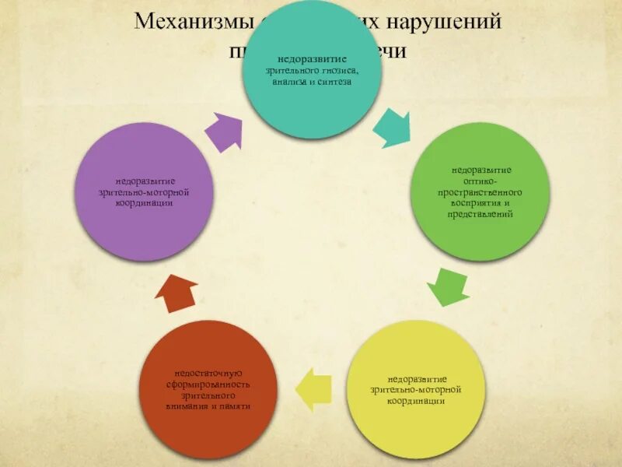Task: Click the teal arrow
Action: pyautogui.click(x=392, y=126)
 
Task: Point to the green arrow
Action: pyautogui.click(x=449, y=286)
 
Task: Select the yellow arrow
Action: pyautogui.click(x=314, y=388)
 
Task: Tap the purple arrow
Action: pyautogui.click(x=225, y=130)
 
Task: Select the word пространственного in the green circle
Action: pyautogui.click(x=482, y=191)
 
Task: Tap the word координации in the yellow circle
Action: pyautogui.click(x=418, y=402)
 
